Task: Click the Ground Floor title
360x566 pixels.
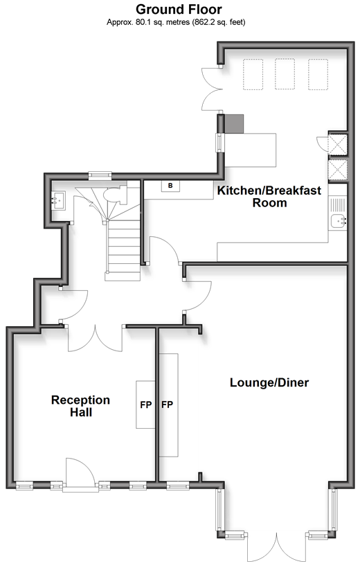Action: pyautogui.click(x=179, y=9)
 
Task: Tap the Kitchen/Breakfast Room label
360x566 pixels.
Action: pyautogui.click(x=269, y=196)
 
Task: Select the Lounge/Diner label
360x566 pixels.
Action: pyautogui.click(x=269, y=382)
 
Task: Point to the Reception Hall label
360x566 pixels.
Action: pyautogui.click(x=80, y=406)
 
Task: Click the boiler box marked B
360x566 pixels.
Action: pyautogui.click(x=170, y=186)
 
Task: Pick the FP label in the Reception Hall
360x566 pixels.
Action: pyautogui.click(x=146, y=405)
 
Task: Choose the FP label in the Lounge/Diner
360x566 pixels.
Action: pyautogui.click(x=167, y=405)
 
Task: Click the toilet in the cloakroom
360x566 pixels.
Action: pyautogui.click(x=116, y=195)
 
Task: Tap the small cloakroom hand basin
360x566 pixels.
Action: pyautogui.click(x=57, y=201)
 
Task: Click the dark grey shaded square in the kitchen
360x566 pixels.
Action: pyautogui.click(x=234, y=124)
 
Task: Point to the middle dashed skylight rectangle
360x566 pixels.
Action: pyautogui.click(x=285, y=74)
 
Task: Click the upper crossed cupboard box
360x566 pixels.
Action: pyautogui.click(x=338, y=144)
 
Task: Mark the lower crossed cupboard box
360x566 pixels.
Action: pyautogui.click(x=338, y=170)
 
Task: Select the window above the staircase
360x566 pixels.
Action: pyautogui.click(x=100, y=175)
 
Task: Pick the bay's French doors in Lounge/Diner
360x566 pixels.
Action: pyautogui.click(x=277, y=547)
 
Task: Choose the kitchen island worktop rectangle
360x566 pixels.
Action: pyautogui.click(x=251, y=150)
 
